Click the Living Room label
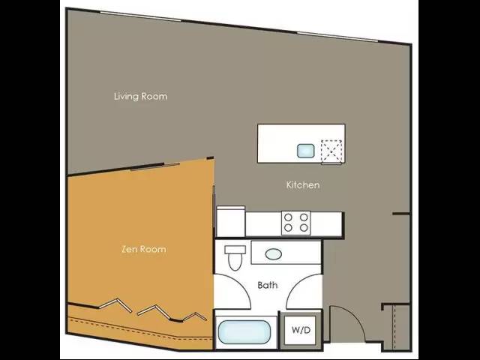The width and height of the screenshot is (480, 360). [x=141, y=97]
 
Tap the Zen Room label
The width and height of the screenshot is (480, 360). [x=144, y=249]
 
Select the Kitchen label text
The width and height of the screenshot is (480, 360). [x=303, y=184]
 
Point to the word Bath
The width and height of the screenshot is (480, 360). [x=268, y=285]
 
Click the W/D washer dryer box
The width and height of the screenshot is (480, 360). [x=301, y=330]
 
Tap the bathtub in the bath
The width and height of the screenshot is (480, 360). [x=244, y=331]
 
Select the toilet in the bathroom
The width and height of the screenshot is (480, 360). [x=235, y=258]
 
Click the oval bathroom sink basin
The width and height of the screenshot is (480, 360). [x=273, y=254]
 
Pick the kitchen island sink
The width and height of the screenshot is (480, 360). [x=306, y=151]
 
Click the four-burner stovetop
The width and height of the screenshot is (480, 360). [x=295, y=223]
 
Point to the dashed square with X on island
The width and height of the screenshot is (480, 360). [x=331, y=151]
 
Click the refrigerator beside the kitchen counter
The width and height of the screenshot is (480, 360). [x=230, y=221]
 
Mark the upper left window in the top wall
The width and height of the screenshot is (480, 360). [x=141, y=16]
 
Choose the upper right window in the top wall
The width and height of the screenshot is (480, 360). [x=337, y=37]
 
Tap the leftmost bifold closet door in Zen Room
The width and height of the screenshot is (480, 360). [x=115, y=304]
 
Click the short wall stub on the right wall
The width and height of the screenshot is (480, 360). [x=401, y=213]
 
